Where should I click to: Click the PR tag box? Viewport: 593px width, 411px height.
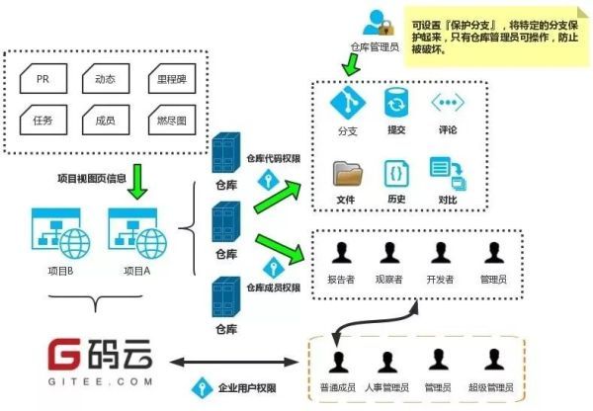[43, 78]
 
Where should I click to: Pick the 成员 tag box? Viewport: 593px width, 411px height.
[105, 121]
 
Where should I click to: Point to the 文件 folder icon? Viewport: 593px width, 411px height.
[347, 175]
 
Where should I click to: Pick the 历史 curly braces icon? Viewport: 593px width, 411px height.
[396, 174]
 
